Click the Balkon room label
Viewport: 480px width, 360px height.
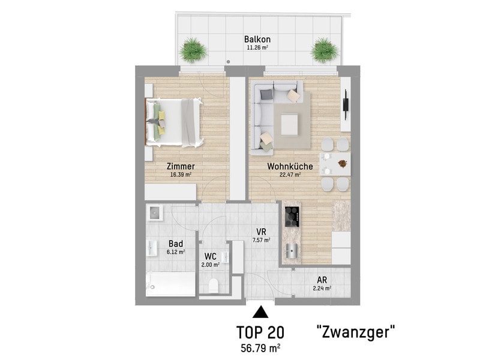(257, 39)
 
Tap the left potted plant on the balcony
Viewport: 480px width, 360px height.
(193, 50)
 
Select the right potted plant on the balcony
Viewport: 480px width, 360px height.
(325, 50)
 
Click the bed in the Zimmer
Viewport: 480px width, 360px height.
(174, 122)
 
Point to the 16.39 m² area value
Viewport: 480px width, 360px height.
(181, 175)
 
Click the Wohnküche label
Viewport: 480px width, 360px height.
(290, 166)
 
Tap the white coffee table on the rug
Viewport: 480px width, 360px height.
(289, 124)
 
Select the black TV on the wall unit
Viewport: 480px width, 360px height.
(346, 104)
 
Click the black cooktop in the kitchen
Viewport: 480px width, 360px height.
(292, 217)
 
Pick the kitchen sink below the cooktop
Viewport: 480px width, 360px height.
(292, 251)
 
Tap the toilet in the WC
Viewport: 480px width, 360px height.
(213, 286)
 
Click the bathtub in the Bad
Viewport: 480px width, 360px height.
(170, 284)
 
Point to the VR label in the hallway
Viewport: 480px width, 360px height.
(261, 232)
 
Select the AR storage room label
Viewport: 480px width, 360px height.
(322, 280)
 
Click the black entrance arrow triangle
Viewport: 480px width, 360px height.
(260, 312)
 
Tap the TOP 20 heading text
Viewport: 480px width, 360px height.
(260, 332)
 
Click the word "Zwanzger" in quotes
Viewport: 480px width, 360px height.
(355, 332)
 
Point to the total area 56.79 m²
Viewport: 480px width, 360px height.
(260, 348)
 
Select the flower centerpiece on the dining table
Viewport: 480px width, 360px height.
(343, 163)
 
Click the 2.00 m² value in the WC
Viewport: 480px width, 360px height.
(211, 265)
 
